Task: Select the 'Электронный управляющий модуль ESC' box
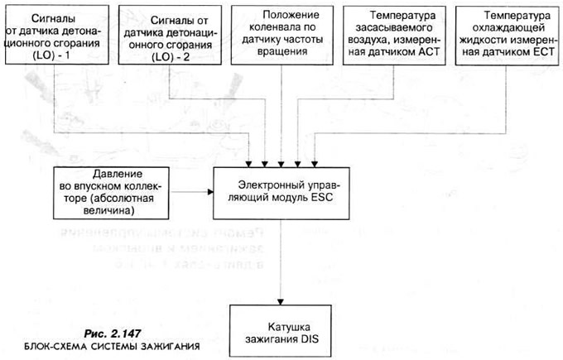(x=284, y=191)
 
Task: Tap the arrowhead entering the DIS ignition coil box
(x=283, y=298)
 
